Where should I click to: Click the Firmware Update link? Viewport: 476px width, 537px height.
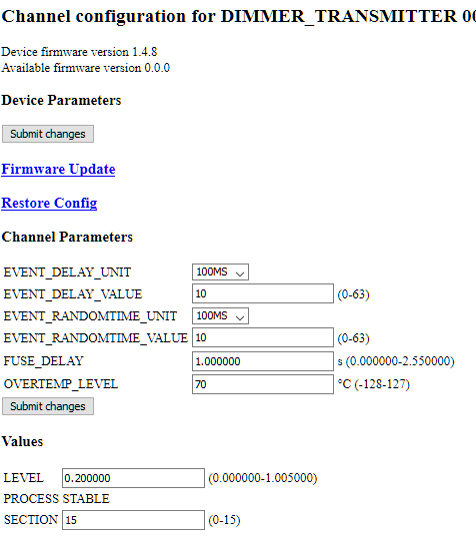58,169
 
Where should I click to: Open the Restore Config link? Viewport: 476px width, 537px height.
49,203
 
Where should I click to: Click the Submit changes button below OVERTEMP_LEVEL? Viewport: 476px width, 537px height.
48,406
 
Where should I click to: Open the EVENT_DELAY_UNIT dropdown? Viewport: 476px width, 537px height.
220,271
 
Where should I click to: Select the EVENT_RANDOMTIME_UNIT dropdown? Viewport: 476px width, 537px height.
220,315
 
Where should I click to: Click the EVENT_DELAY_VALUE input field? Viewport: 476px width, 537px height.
263,293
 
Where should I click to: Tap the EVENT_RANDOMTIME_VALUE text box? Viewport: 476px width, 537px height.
263,337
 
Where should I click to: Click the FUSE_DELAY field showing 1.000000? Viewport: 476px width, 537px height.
263,361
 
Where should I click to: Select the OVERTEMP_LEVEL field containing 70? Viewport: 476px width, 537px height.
263,384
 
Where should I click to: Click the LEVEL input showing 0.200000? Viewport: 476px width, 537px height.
133,478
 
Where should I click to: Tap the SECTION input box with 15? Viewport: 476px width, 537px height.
133,520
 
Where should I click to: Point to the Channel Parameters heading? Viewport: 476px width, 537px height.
67,237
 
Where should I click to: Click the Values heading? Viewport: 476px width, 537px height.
22,441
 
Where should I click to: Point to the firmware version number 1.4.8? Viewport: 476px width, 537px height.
144,52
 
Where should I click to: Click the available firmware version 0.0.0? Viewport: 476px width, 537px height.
157,68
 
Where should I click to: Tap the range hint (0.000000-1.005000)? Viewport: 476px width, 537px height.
263,478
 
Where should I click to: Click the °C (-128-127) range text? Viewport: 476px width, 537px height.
374,384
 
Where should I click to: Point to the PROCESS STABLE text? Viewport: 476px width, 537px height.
57,499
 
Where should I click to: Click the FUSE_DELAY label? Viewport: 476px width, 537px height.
44,361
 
